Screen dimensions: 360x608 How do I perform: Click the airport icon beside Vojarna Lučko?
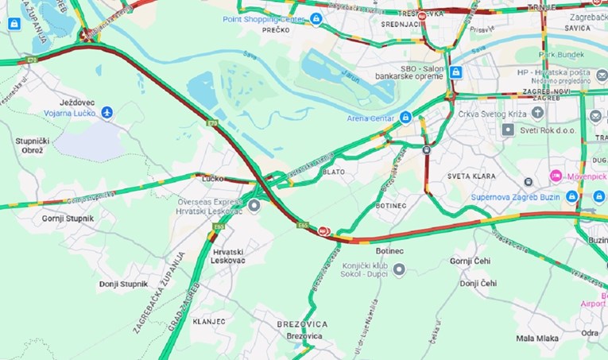click(x=107, y=113)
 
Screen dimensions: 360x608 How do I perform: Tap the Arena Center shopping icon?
click(x=405, y=118)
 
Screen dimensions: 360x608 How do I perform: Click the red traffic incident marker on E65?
click(x=323, y=230)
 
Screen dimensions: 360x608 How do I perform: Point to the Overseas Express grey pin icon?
click(x=254, y=207)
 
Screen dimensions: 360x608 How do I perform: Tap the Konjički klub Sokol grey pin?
click(x=399, y=269)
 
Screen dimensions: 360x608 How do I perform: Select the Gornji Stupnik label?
click(x=68, y=218)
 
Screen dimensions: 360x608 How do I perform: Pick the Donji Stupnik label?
click(x=123, y=284)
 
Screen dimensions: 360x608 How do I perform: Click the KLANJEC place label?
click(x=207, y=321)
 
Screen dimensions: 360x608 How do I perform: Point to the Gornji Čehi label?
click(x=473, y=261)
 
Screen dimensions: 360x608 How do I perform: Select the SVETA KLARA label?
click(x=472, y=176)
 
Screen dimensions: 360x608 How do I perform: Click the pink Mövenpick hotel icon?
click(x=556, y=174)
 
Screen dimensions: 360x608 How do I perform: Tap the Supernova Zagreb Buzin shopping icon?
click(x=572, y=195)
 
